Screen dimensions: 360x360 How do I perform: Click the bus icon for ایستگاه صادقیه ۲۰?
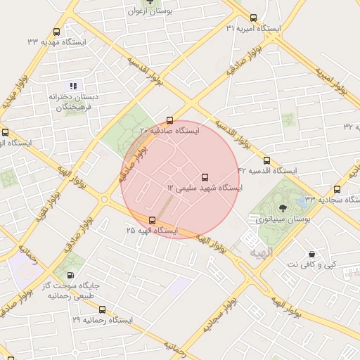click(x=169, y=120)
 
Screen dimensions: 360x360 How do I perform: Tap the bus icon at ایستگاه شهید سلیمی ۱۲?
click(x=205, y=177)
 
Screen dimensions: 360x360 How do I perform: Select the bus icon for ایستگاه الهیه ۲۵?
click(x=153, y=220)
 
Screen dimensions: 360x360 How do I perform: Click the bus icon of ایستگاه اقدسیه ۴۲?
click(x=266, y=160)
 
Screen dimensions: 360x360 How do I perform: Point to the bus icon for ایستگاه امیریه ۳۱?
click(x=253, y=18)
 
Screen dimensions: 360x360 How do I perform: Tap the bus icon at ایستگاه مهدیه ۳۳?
click(x=57, y=32)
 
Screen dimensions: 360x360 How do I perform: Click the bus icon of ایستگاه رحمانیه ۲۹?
click(x=103, y=309)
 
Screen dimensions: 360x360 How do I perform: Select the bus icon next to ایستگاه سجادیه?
click(x=337, y=189)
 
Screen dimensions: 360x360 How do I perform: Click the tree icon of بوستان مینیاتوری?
click(x=283, y=208)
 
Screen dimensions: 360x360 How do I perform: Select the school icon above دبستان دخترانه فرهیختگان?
click(x=74, y=86)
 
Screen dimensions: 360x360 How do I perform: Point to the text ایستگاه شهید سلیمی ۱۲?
click(x=205, y=188)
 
